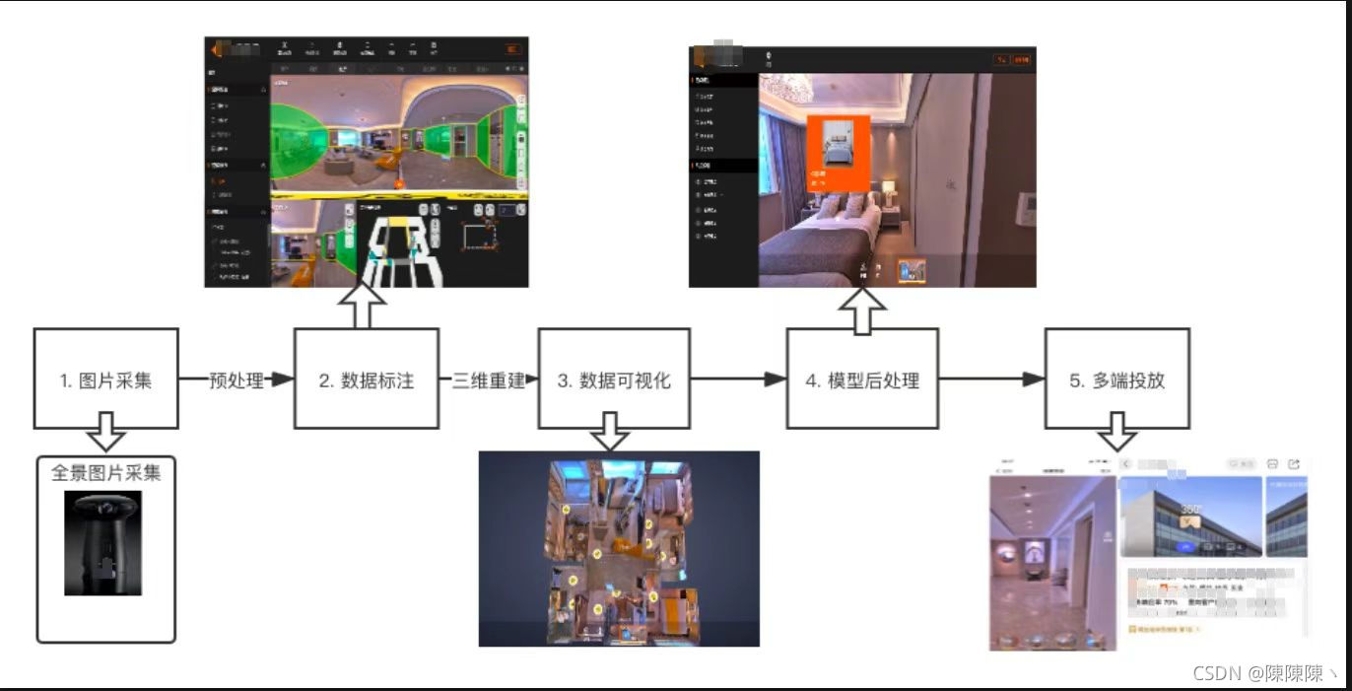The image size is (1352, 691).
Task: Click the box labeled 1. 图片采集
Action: tap(106, 380)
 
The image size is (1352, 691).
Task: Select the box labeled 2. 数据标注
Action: tap(367, 380)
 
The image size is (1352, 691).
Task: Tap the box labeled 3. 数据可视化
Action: tap(613, 380)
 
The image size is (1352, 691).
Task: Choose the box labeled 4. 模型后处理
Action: tap(862, 380)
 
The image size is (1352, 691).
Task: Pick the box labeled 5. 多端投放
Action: tap(1116, 380)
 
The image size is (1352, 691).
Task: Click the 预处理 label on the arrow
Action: tap(237, 380)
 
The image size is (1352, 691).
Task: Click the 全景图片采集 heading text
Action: tap(106, 473)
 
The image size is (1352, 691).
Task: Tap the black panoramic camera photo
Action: tap(102, 542)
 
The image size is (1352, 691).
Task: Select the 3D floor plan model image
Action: tap(619, 548)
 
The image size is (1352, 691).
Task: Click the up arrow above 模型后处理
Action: tap(862, 309)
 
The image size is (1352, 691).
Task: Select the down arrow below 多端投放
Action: tap(1116, 432)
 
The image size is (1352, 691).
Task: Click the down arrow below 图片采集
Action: tap(106, 432)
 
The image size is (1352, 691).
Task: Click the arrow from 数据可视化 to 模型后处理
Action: tap(737, 380)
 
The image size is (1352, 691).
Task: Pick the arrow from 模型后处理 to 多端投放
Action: tap(990, 380)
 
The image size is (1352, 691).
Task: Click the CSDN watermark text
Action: tap(1264, 673)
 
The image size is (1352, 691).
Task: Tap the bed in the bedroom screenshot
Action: tap(833, 237)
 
